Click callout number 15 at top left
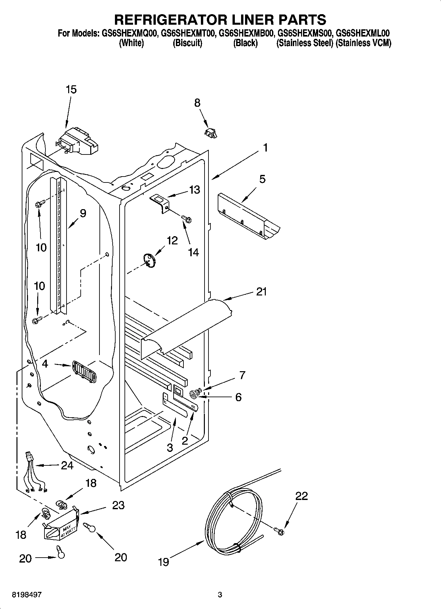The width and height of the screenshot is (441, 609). [x=71, y=89]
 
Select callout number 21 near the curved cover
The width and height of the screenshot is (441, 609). [x=261, y=291]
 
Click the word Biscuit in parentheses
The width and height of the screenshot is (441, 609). [x=187, y=43]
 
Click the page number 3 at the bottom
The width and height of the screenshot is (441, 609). [x=220, y=595]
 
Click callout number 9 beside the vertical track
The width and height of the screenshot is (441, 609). [x=83, y=213]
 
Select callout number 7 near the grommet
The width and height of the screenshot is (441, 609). [x=242, y=375]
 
